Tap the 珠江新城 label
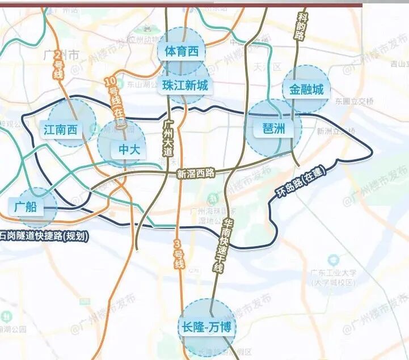(x=185, y=86)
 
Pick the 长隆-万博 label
(x=207, y=327)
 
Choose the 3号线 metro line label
(x=179, y=255)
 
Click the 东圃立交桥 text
(x=354, y=101)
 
